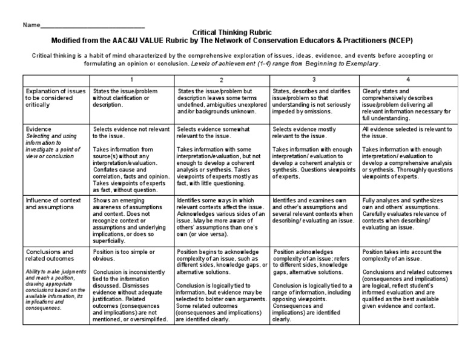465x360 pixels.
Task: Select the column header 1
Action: pyautogui.click(x=131, y=80)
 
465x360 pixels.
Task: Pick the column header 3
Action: pyautogui.click(x=314, y=80)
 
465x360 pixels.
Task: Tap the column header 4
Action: pyautogui.click(x=407, y=80)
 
